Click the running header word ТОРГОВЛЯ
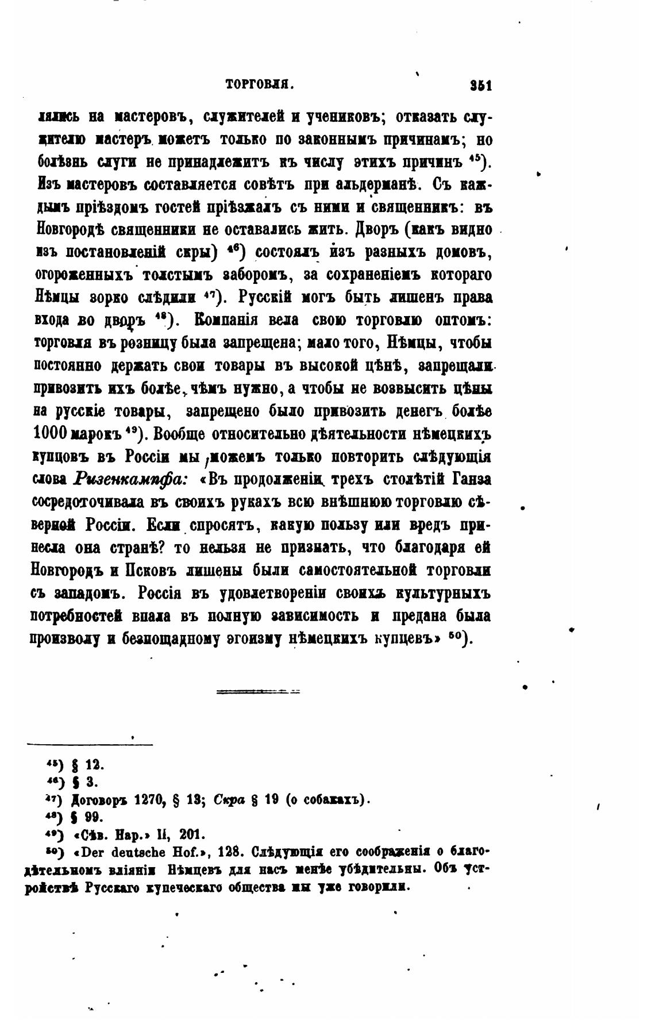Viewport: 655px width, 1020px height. [x=260, y=85]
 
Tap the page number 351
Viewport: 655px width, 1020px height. [x=479, y=85]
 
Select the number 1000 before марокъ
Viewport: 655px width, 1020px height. [x=51, y=433]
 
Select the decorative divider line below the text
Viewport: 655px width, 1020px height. [x=258, y=691]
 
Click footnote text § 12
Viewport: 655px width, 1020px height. [x=93, y=765]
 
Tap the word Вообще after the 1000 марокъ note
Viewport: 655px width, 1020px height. [x=185, y=433]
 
